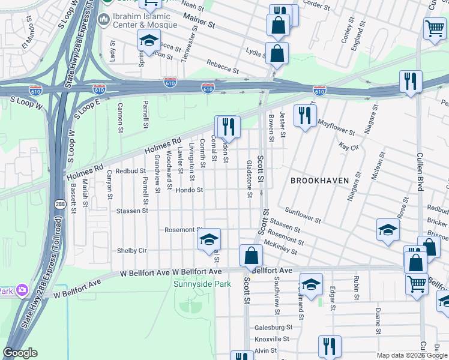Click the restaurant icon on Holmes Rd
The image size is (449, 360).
click(228, 126)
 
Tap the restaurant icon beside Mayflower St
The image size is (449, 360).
click(305, 115)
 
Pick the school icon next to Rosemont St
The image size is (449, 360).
click(209, 239)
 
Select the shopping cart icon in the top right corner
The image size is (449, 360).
click(434, 28)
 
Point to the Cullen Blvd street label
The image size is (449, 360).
click(421, 171)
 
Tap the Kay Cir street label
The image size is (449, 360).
click(348, 146)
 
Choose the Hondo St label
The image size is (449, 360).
click(189, 190)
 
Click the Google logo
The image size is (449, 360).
click(20, 353)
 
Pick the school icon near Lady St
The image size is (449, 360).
click(148, 41)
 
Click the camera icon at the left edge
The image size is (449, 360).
click(22, 290)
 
